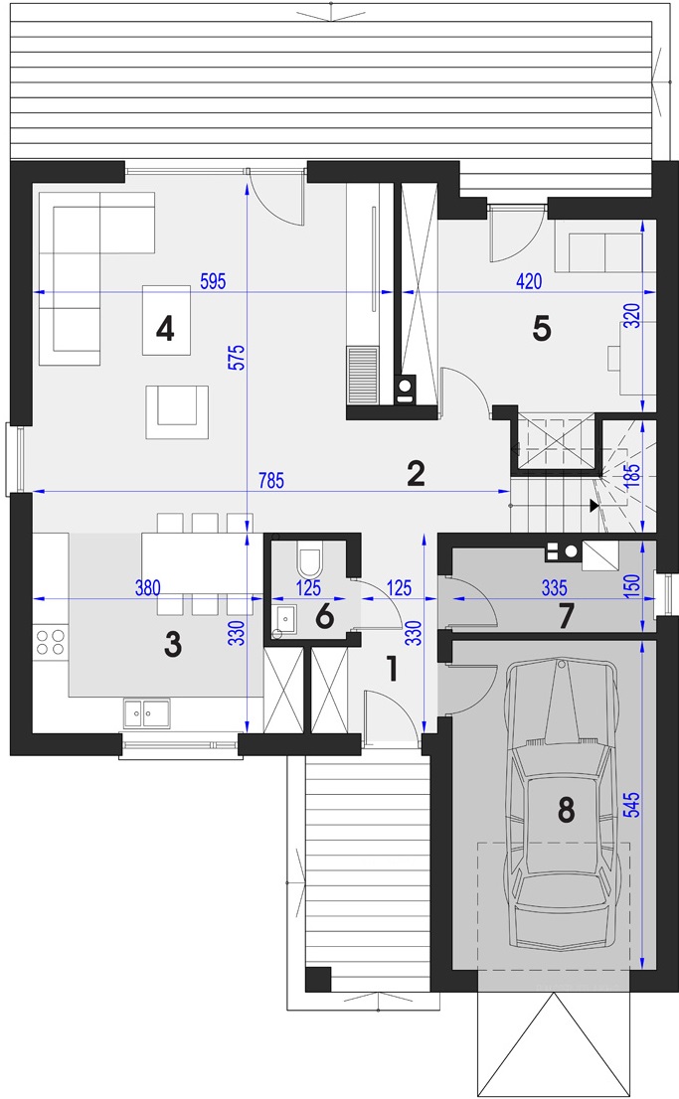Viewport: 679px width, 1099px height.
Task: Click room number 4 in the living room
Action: [165, 328]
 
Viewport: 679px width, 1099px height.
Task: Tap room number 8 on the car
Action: [566, 810]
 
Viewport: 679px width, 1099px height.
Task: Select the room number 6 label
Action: [324, 617]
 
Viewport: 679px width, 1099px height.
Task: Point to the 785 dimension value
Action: [271, 480]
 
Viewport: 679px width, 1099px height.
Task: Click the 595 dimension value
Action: [213, 281]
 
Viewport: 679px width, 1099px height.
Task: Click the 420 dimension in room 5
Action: [529, 281]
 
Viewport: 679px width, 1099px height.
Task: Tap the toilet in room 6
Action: [309, 560]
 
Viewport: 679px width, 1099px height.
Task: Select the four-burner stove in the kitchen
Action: [51, 642]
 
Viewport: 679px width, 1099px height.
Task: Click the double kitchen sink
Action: [146, 713]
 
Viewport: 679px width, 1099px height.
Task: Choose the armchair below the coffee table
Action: [177, 411]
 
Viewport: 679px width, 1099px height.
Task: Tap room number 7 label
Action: [566, 616]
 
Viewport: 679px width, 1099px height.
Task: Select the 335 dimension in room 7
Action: [555, 587]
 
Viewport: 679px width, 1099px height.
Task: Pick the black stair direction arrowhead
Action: [594, 506]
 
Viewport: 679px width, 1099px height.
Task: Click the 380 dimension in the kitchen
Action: [147, 587]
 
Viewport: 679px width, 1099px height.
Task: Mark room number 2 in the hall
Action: [416, 474]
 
